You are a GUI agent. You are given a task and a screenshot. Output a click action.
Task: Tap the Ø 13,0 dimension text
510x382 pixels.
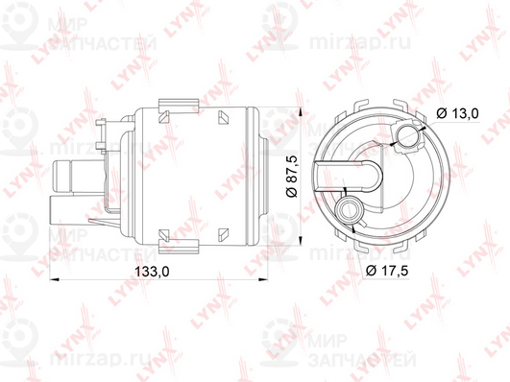458,113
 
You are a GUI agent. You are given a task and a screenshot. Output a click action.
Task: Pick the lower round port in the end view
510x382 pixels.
349,207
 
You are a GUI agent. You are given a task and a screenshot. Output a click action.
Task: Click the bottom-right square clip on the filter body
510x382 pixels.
224,230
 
